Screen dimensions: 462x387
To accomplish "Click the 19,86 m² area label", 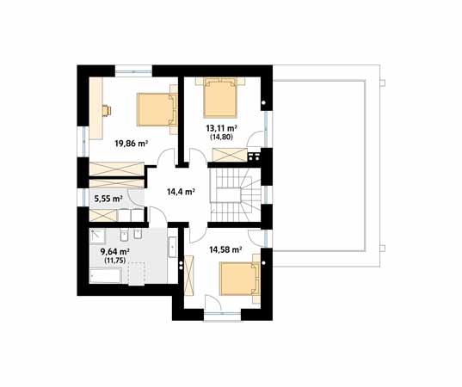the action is [131, 144].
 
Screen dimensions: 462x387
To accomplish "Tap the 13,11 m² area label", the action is [222, 128].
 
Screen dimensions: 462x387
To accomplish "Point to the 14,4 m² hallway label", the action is [181, 192].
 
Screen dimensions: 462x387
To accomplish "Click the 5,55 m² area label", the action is [108, 199].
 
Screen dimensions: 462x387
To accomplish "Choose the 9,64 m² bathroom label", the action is [115, 251].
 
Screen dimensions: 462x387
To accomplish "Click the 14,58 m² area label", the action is [225, 250].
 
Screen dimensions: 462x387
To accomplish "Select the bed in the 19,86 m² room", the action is [157, 109].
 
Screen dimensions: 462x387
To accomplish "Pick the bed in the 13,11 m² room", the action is [220, 98].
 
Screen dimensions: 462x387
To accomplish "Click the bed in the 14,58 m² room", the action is [240, 279].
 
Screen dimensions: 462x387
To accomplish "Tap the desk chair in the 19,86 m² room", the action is [106, 110].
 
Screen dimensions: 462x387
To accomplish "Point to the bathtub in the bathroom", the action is [105, 276].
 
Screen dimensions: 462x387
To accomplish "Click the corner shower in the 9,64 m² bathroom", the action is [97, 236].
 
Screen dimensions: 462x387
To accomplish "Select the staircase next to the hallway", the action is [236, 194].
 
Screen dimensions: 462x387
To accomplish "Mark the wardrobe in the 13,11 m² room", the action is [230, 155].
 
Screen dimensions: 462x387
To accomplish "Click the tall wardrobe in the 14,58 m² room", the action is [188, 275].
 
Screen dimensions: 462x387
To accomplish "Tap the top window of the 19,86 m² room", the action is [133, 71].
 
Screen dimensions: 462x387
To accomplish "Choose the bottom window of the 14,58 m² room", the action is [223, 315].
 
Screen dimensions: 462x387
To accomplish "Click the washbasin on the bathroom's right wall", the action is [173, 247].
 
